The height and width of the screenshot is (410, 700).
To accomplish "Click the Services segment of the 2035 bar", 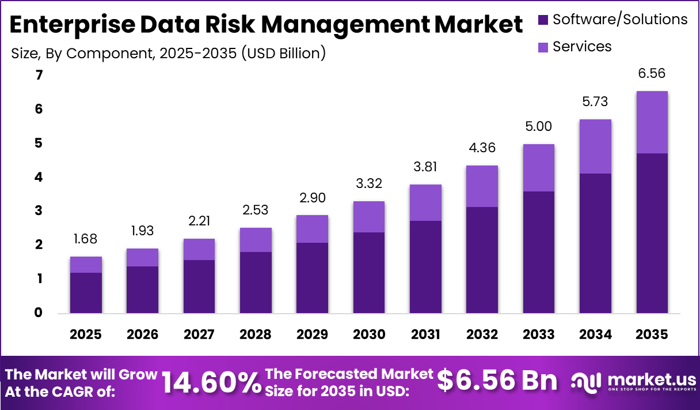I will coord(652,122).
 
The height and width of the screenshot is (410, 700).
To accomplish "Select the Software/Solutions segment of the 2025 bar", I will coord(86,293).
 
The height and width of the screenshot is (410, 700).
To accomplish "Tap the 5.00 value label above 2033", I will coord(539,126).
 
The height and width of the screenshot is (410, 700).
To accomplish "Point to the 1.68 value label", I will coord(86,239).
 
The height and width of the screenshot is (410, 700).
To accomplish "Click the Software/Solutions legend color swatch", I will coord(543,20).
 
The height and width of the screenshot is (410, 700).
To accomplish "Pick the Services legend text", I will coord(582,46).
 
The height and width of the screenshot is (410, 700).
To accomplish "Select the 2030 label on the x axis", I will coord(368,335).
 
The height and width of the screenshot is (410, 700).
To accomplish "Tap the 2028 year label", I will coord(256,335).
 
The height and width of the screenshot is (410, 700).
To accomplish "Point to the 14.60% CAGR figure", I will coord(211,382).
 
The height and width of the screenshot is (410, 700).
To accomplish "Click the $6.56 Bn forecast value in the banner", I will coord(497,381).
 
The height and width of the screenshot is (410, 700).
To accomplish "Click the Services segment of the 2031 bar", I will coord(425,202).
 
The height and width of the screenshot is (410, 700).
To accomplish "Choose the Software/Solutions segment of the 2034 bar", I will coord(595,243).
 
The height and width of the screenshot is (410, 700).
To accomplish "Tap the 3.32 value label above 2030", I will coord(368,184).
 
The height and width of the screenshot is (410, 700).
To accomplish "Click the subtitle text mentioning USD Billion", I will coord(169,54).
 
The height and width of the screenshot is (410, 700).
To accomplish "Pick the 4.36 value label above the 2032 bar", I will coord(482,148).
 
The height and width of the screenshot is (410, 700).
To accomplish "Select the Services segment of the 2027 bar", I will coord(199,249).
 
